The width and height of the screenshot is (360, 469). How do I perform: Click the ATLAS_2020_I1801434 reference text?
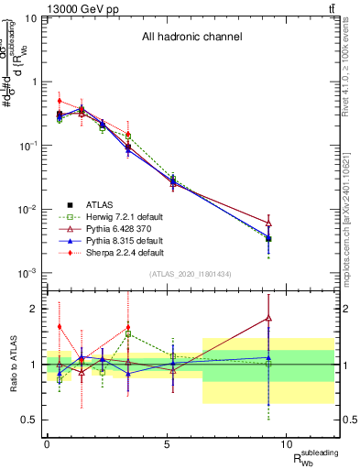(x=191, y=275)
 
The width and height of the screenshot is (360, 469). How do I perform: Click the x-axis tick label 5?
(x=167, y=444)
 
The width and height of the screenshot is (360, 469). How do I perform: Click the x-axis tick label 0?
(x=47, y=444)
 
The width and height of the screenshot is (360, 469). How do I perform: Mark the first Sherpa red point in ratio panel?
(x=60, y=326)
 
